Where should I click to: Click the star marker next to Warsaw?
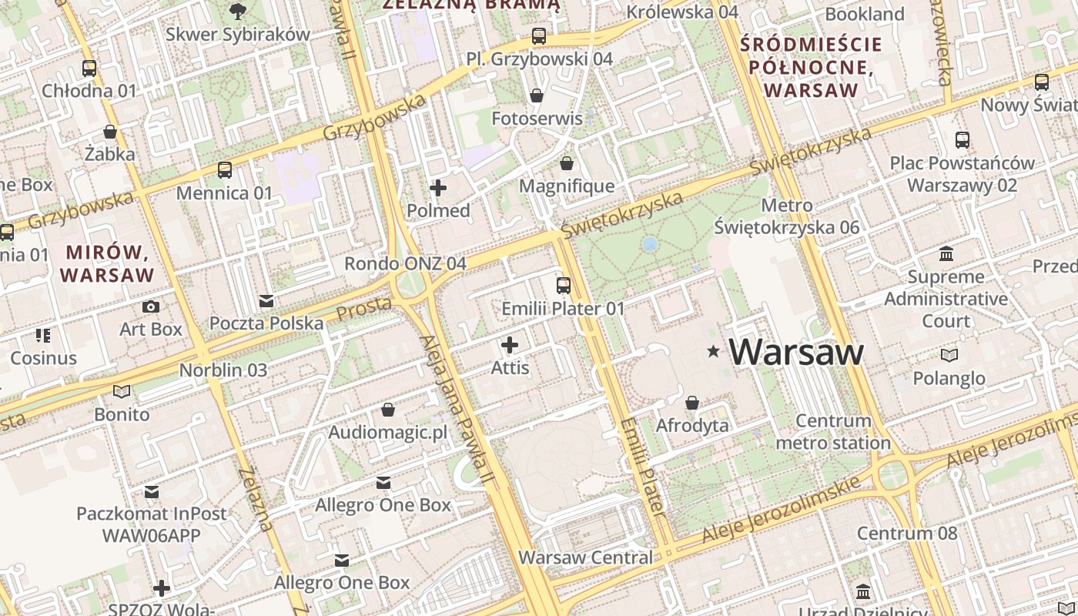point(714,352)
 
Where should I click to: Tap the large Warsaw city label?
point(796,353)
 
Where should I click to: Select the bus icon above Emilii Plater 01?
point(564,286)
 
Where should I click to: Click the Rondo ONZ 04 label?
point(405,263)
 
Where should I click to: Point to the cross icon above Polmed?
point(438,188)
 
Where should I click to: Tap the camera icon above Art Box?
point(151,306)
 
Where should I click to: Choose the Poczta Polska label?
point(266,323)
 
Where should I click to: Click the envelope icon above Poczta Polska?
point(266,300)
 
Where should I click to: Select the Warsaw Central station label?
point(585,557)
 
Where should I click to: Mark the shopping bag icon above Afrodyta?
point(692,403)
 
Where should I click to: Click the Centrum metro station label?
point(833,432)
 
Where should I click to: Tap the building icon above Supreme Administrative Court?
point(946,254)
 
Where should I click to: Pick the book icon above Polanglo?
point(949,355)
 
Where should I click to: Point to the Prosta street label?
point(363,309)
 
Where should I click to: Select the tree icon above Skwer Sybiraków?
point(238,11)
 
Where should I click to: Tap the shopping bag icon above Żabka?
point(110,132)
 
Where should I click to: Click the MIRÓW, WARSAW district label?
point(108,263)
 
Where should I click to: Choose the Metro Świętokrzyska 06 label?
point(786,216)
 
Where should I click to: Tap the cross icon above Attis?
point(510,345)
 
